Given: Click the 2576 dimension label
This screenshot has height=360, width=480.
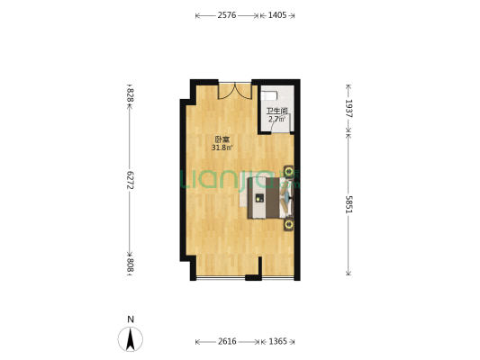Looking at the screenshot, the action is pos(227,15).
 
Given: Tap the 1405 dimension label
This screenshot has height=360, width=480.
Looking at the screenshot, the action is pos(277,15).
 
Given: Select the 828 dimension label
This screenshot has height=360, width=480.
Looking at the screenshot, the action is pos(130,95).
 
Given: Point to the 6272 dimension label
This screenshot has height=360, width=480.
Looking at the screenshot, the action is pos(130,180).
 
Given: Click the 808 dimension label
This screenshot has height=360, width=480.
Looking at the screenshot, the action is pos(130,265).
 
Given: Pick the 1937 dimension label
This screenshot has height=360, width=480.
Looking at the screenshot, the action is pos(349,108).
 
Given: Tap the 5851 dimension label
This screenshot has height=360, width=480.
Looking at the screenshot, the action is pos(349,204).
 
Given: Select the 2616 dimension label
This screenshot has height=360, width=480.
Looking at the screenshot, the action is pos(227,341).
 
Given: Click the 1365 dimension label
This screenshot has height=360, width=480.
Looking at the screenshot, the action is pos(277,341).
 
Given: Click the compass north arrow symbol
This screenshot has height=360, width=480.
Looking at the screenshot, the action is pos(131,339).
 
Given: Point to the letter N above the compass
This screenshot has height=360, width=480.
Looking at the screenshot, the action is pos(131,319).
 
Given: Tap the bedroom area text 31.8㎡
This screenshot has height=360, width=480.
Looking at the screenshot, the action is pos(222,148).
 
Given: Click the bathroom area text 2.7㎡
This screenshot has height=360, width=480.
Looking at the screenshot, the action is pos(276,119).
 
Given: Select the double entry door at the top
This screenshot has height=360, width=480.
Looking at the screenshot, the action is pos(235,91).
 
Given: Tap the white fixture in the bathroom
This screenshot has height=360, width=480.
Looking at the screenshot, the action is pos(269,95).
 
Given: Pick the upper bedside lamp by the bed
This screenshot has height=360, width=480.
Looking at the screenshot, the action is pos(289,172).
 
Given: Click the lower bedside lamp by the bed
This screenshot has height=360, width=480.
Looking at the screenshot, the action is pos(289,225).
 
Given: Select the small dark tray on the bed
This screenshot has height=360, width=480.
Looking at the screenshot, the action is pos(259,198).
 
